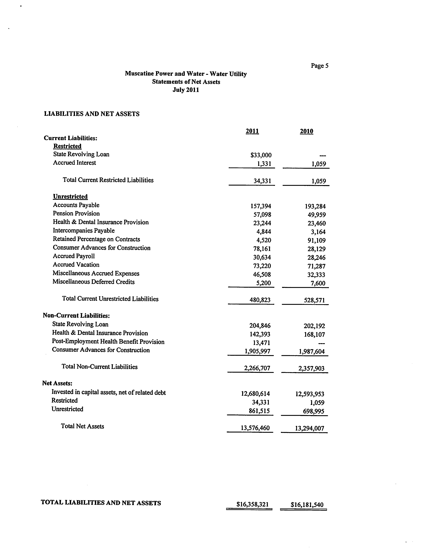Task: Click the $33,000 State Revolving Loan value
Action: click(x=261, y=155)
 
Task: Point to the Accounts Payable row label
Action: click(x=76, y=205)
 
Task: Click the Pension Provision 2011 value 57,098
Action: click(x=262, y=215)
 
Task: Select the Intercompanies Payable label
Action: click(x=84, y=231)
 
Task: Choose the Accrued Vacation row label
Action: click(x=76, y=265)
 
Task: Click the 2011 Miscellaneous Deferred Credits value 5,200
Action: click(x=263, y=283)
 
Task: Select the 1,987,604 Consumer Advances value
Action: click(x=312, y=352)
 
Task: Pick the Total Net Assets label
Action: click(x=82, y=426)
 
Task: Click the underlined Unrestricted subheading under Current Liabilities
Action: click(x=70, y=197)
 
